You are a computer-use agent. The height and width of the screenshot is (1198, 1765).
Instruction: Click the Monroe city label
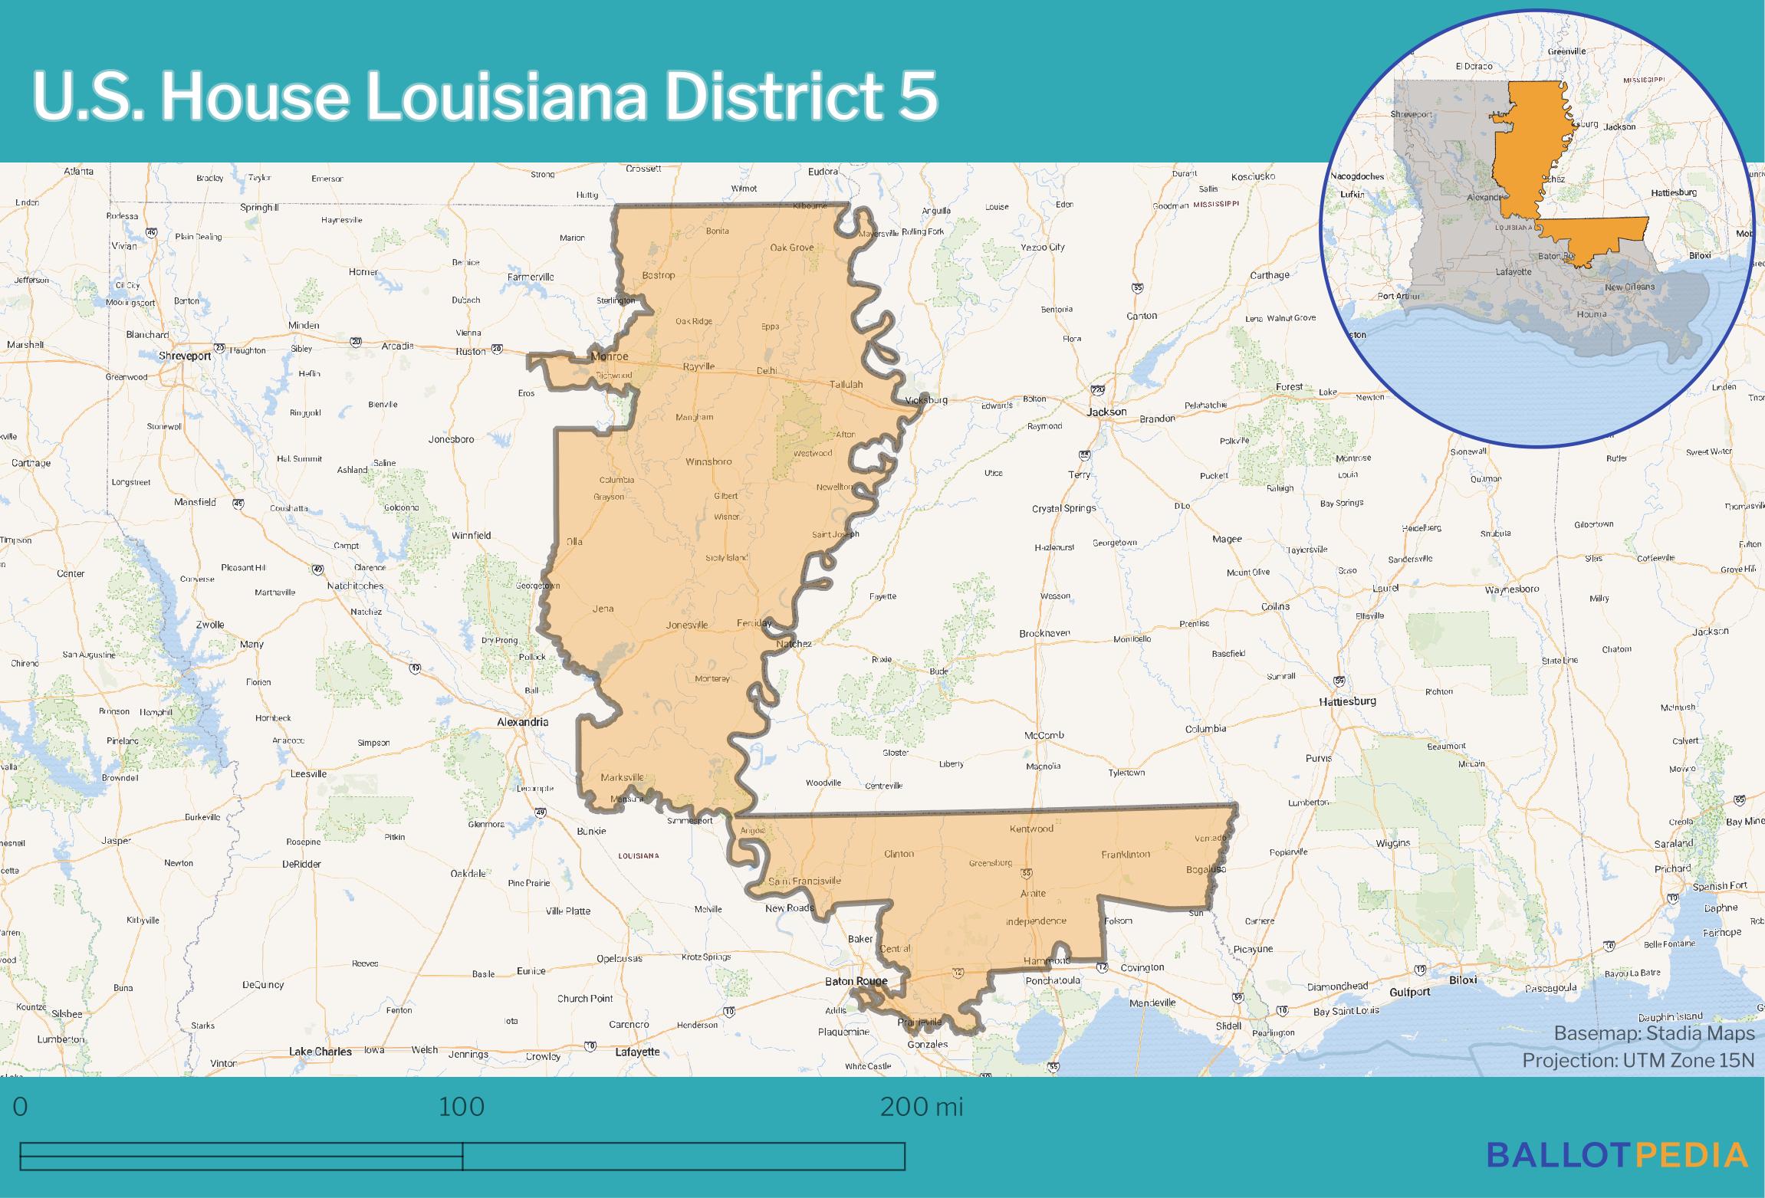point(609,357)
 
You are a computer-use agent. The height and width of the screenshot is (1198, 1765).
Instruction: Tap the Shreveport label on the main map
point(184,356)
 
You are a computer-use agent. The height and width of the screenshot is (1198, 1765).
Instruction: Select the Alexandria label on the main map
point(522,722)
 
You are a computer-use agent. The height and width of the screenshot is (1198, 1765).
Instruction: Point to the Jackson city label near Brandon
point(1106,412)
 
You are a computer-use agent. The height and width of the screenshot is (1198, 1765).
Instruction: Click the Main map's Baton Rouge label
point(856,981)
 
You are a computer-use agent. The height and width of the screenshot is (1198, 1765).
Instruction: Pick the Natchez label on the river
point(793,644)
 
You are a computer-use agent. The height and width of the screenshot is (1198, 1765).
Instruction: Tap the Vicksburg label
point(926,400)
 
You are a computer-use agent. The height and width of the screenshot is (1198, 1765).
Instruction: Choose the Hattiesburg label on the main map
point(1347,701)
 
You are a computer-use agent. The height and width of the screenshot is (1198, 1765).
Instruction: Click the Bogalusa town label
point(1205,869)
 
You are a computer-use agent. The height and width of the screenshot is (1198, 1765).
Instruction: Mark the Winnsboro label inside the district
point(708,462)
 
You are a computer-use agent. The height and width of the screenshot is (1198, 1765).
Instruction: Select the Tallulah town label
point(846,385)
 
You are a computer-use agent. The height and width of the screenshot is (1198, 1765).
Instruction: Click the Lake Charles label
point(320,1052)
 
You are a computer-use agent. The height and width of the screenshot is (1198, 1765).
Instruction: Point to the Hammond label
point(1047,960)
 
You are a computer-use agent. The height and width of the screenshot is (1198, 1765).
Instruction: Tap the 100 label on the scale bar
point(461,1108)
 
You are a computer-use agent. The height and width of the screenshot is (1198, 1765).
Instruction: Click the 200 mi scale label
point(921,1108)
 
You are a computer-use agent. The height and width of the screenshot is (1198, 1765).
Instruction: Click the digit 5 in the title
point(919,97)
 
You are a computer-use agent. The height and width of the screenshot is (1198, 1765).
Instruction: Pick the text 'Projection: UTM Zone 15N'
point(1638,1061)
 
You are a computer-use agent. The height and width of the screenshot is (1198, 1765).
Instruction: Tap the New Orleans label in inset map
point(1629,287)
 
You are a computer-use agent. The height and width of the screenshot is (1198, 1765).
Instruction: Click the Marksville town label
point(622,777)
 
